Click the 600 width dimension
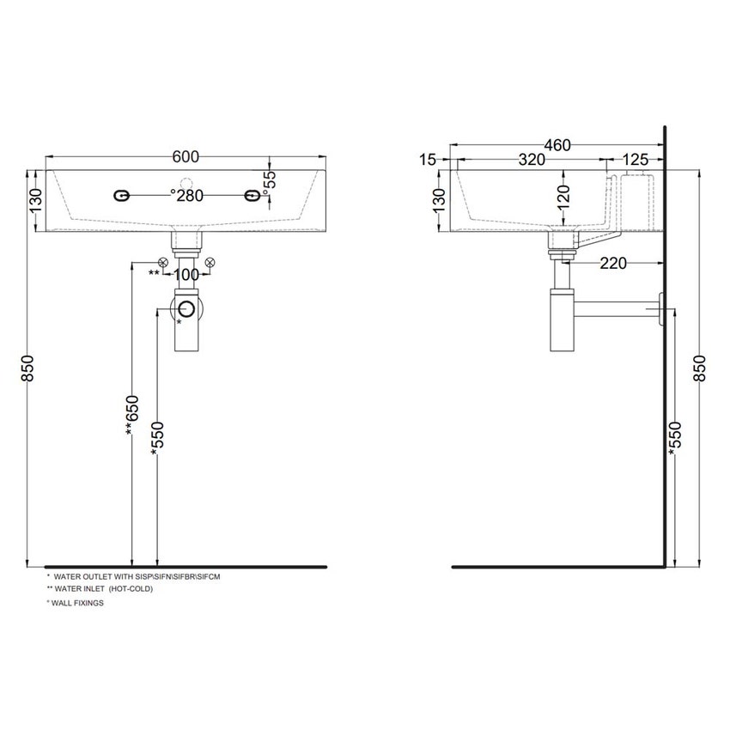(x=186, y=156)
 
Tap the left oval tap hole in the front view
(x=121, y=197)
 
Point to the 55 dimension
(x=269, y=179)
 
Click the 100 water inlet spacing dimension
(x=186, y=275)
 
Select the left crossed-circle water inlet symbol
(x=162, y=261)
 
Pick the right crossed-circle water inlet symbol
(x=210, y=261)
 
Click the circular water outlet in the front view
(x=186, y=310)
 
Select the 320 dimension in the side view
(x=532, y=160)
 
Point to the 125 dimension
(x=635, y=160)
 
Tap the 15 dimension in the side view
(x=429, y=160)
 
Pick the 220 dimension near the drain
(x=612, y=264)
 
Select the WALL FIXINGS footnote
(x=76, y=604)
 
